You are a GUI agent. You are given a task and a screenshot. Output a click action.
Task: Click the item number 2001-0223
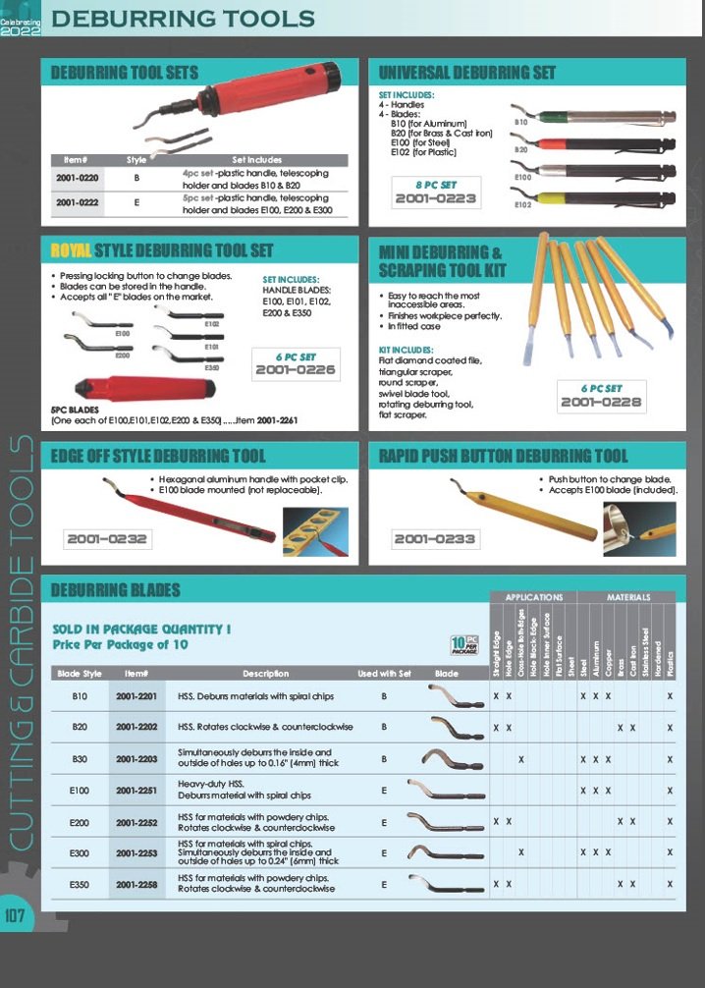click(x=435, y=199)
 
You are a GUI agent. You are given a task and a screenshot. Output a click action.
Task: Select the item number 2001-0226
click(x=295, y=370)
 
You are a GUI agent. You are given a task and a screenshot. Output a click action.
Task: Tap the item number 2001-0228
click(x=601, y=402)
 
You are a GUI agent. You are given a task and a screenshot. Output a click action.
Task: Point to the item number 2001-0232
click(x=107, y=538)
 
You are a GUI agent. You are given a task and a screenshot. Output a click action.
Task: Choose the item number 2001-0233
click(x=434, y=538)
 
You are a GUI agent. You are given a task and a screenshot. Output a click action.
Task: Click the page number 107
click(x=17, y=916)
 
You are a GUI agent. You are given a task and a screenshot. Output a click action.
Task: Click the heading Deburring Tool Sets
click(x=125, y=73)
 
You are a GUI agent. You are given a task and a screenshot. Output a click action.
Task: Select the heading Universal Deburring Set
click(x=467, y=73)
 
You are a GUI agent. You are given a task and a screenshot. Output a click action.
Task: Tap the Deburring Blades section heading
click(x=116, y=590)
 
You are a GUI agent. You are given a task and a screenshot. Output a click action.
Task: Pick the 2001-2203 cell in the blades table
click(x=136, y=759)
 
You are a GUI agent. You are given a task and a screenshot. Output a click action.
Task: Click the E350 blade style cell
click(x=81, y=885)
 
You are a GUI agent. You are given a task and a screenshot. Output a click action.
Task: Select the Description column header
click(x=265, y=674)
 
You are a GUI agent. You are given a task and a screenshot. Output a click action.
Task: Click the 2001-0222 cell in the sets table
click(x=78, y=203)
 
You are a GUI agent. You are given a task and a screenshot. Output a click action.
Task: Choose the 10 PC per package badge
click(x=463, y=645)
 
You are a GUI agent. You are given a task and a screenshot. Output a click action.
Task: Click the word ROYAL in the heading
click(x=71, y=250)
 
